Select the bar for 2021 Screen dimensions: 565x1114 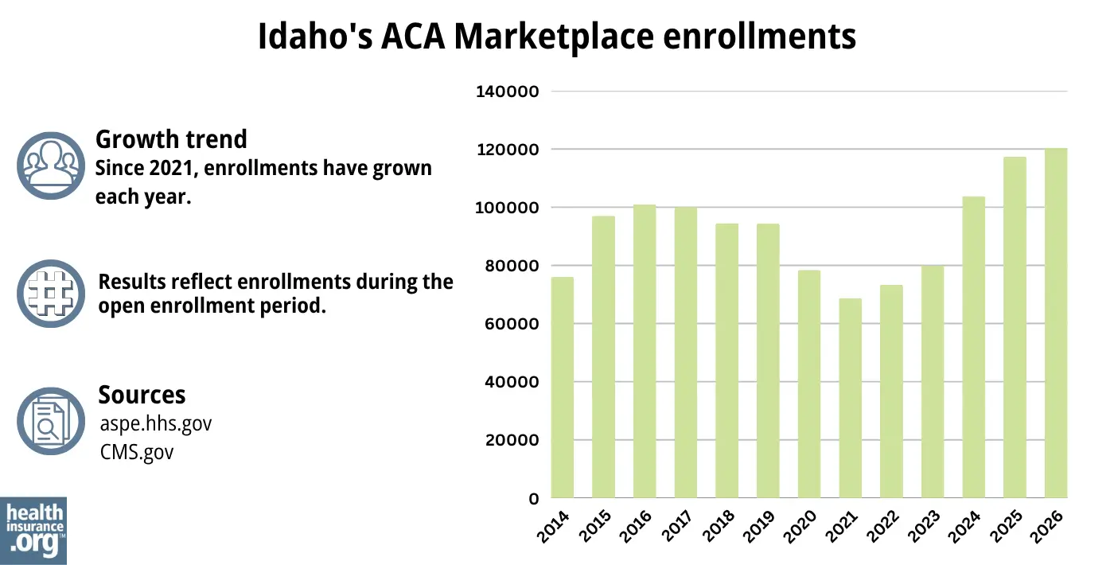pyautogui.click(x=850, y=398)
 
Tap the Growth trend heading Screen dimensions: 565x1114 pyautogui.click(x=171, y=139)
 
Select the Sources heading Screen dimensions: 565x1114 pyautogui.click(x=142, y=395)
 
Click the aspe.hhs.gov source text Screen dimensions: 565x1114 pyautogui.click(x=154, y=423)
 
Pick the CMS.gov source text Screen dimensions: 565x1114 pyautogui.click(x=135, y=452)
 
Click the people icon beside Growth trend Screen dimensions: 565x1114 pyautogui.click(x=50, y=166)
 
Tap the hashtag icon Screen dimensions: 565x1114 pyautogui.click(x=50, y=293)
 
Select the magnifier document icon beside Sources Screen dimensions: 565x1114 pyautogui.click(x=50, y=421)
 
